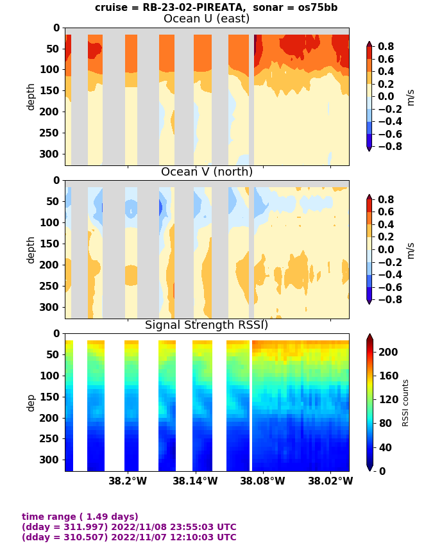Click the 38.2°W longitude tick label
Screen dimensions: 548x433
pos(127,481)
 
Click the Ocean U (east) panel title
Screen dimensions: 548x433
pos(207,19)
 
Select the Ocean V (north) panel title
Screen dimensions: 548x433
pos(207,172)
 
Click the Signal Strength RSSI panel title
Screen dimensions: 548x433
pos(207,325)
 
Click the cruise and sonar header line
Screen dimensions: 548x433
pos(216,8)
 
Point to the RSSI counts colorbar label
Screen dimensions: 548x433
pos(405,403)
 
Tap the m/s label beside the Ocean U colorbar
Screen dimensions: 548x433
pos(411,97)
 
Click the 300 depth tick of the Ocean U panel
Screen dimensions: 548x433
pos(51,154)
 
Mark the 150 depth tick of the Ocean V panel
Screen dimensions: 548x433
pos(51,244)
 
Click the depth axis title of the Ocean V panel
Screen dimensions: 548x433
pos(31,249)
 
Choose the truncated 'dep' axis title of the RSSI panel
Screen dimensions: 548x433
pos(31,403)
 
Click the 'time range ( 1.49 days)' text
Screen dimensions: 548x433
pos(80,517)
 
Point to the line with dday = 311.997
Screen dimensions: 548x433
pos(129,527)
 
